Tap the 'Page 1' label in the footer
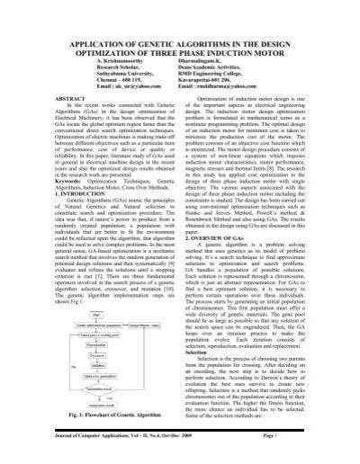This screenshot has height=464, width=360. click(x=319, y=453)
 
